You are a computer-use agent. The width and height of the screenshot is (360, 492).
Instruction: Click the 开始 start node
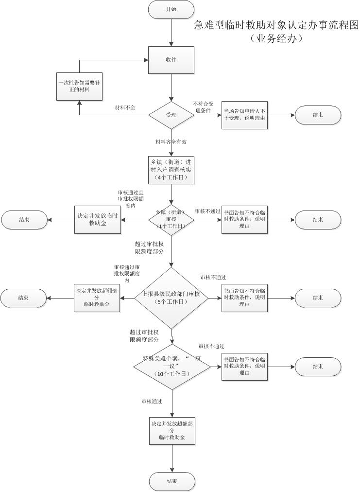pyautogui.click(x=171, y=9)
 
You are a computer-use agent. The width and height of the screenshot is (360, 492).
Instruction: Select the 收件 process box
pyautogui.click(x=171, y=60)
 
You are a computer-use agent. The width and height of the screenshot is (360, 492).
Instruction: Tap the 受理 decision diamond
pyautogui.click(x=171, y=115)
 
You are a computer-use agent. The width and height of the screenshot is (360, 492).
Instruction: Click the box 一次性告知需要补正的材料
pyautogui.click(x=79, y=86)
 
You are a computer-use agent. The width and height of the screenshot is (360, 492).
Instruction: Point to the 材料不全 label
pyautogui.click(x=125, y=107)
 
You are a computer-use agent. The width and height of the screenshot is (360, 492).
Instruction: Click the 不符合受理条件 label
pyautogui.click(x=205, y=107)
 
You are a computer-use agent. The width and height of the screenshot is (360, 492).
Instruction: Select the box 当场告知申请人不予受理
pyautogui.click(x=244, y=115)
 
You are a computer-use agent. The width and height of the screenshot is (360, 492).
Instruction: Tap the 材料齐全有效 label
pyautogui.click(x=171, y=141)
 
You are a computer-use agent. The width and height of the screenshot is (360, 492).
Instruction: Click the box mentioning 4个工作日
pyautogui.click(x=171, y=170)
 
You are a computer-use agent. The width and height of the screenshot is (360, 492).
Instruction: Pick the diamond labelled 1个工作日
pyautogui.click(x=171, y=219)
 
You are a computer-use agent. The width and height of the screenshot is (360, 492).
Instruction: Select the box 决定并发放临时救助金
pyautogui.click(x=97, y=220)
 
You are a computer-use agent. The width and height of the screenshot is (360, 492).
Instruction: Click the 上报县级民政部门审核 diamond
pyautogui.click(x=171, y=298)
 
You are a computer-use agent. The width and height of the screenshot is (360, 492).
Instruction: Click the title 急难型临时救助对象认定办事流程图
pyautogui.click(x=276, y=25)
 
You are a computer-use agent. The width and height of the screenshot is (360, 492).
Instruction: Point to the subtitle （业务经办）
pyautogui.click(x=276, y=39)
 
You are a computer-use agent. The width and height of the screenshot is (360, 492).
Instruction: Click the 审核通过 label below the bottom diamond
pyautogui.click(x=152, y=402)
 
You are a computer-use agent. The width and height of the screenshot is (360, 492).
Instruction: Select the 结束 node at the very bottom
pyautogui.click(x=171, y=481)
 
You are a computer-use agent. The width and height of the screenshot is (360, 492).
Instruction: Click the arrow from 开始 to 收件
pyautogui.click(x=171, y=32)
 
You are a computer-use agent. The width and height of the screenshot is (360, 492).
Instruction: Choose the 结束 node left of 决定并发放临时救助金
pyautogui.click(x=24, y=220)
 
